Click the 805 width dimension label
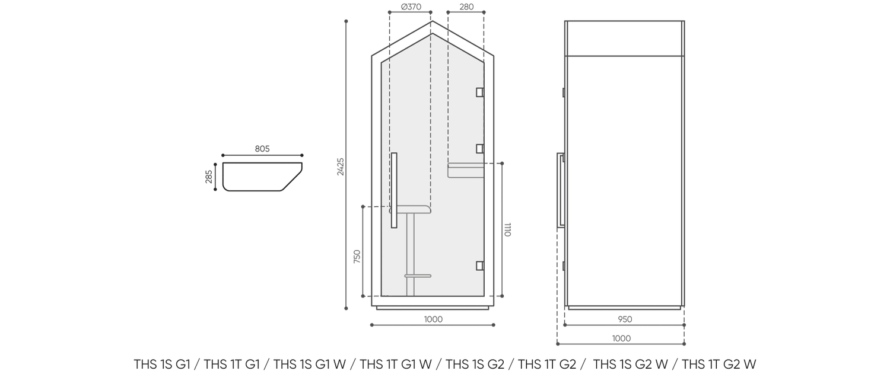point(262,149)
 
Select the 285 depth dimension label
point(209,177)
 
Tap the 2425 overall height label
point(341,167)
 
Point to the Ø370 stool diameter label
point(411,7)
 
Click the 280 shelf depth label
point(466,7)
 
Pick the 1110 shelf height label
point(507,229)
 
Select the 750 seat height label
point(357,257)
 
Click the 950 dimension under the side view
point(625,319)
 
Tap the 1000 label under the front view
point(433,319)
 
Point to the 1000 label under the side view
point(621,338)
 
